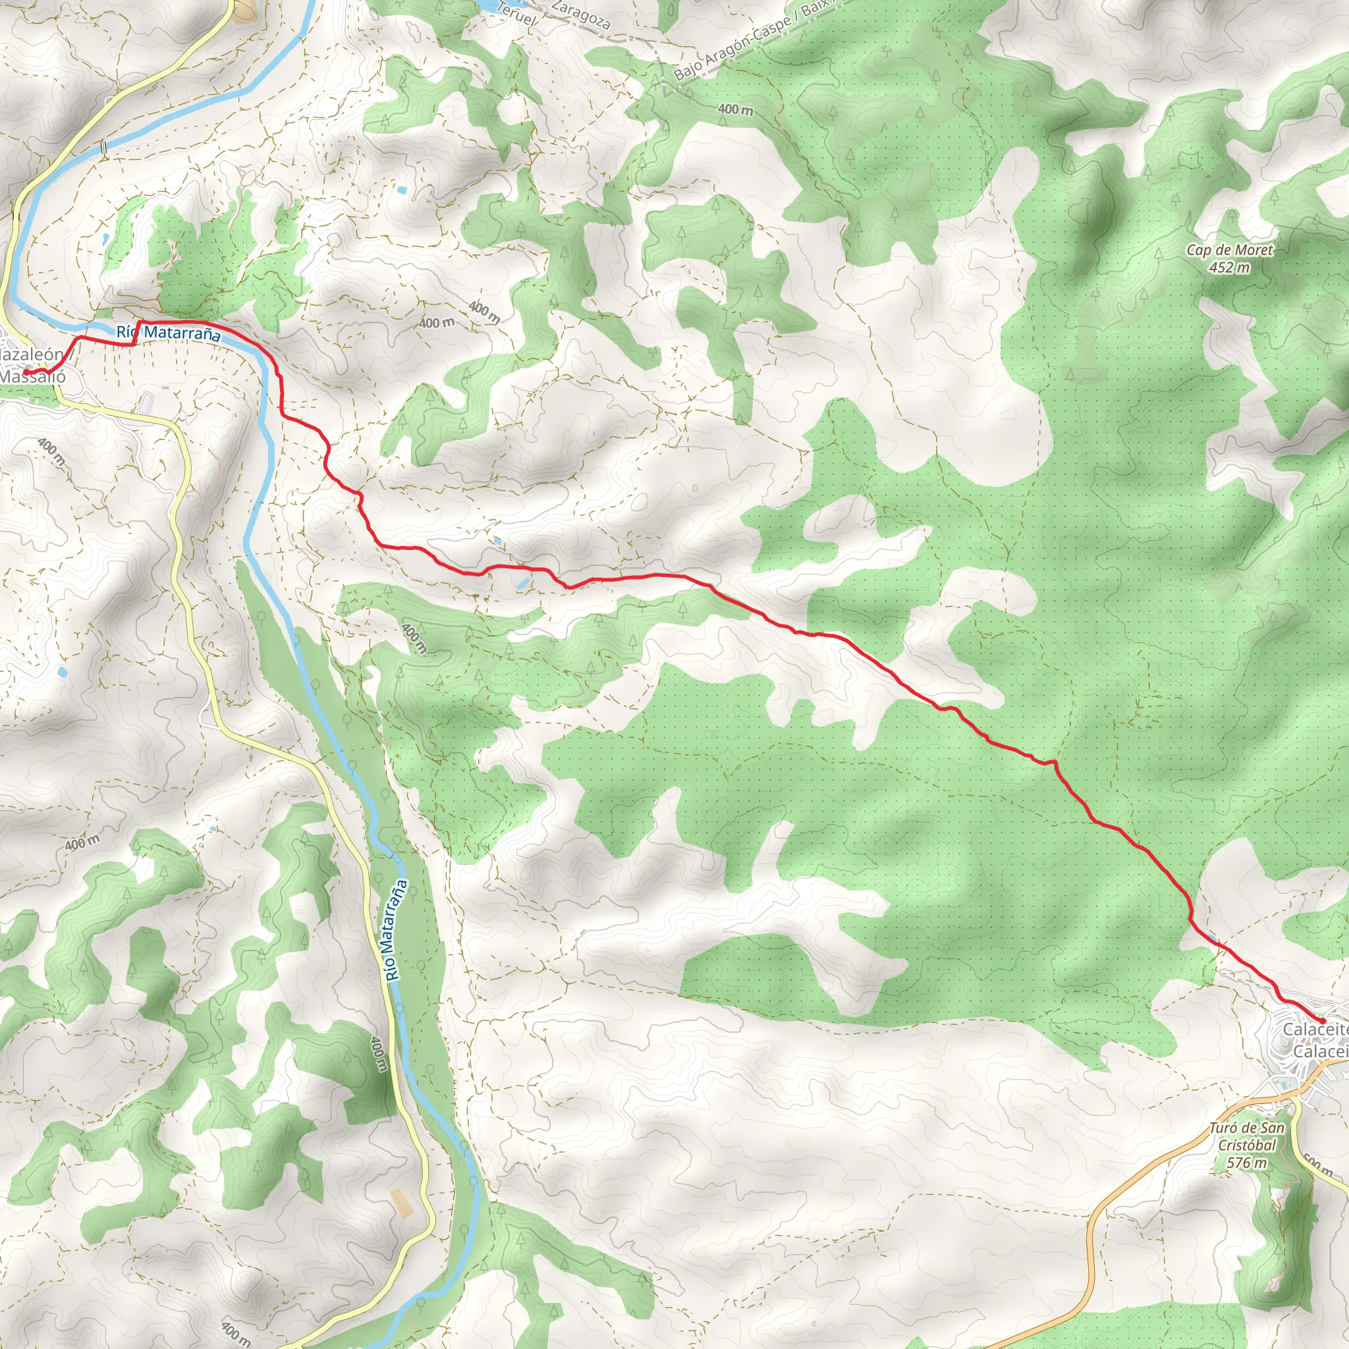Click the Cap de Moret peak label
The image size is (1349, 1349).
[x=1230, y=250]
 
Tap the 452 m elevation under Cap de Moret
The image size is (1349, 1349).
[x=1230, y=267]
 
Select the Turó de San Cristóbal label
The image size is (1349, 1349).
[x=1246, y=1137]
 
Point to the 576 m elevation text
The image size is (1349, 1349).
[x=1246, y=1163]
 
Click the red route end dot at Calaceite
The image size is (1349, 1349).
[x=1322, y=1021]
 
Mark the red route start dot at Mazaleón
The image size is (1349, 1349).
[x=42, y=371]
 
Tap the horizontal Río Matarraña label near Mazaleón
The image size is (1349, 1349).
[x=168, y=333]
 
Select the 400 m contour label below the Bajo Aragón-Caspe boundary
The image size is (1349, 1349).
[x=735, y=109]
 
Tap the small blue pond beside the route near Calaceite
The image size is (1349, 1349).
[x=1212, y=937]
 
